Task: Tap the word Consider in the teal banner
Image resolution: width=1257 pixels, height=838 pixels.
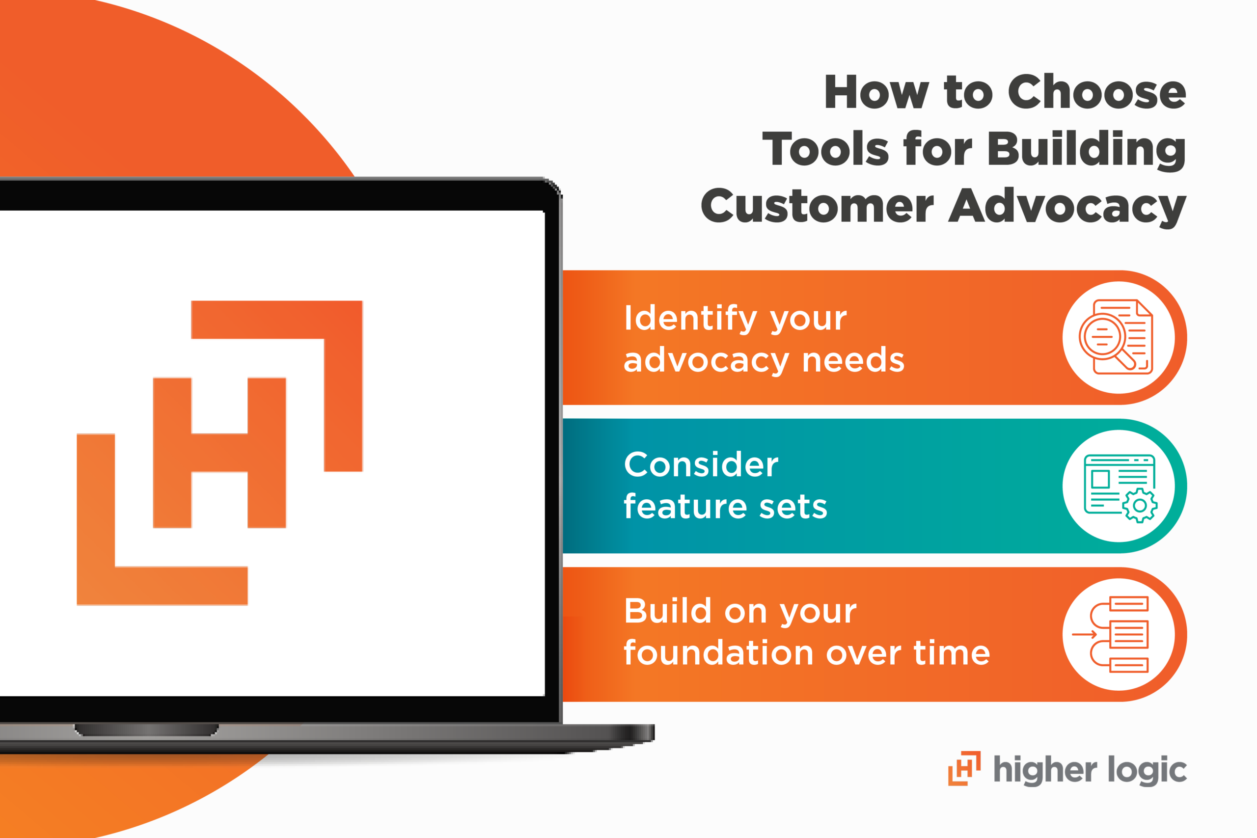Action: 701,464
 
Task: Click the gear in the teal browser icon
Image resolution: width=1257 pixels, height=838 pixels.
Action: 1140,505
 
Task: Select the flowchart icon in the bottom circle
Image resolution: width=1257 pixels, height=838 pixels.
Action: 1119,634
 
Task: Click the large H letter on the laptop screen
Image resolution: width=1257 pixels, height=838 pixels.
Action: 219,452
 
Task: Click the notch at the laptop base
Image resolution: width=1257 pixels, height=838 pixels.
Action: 146,730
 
